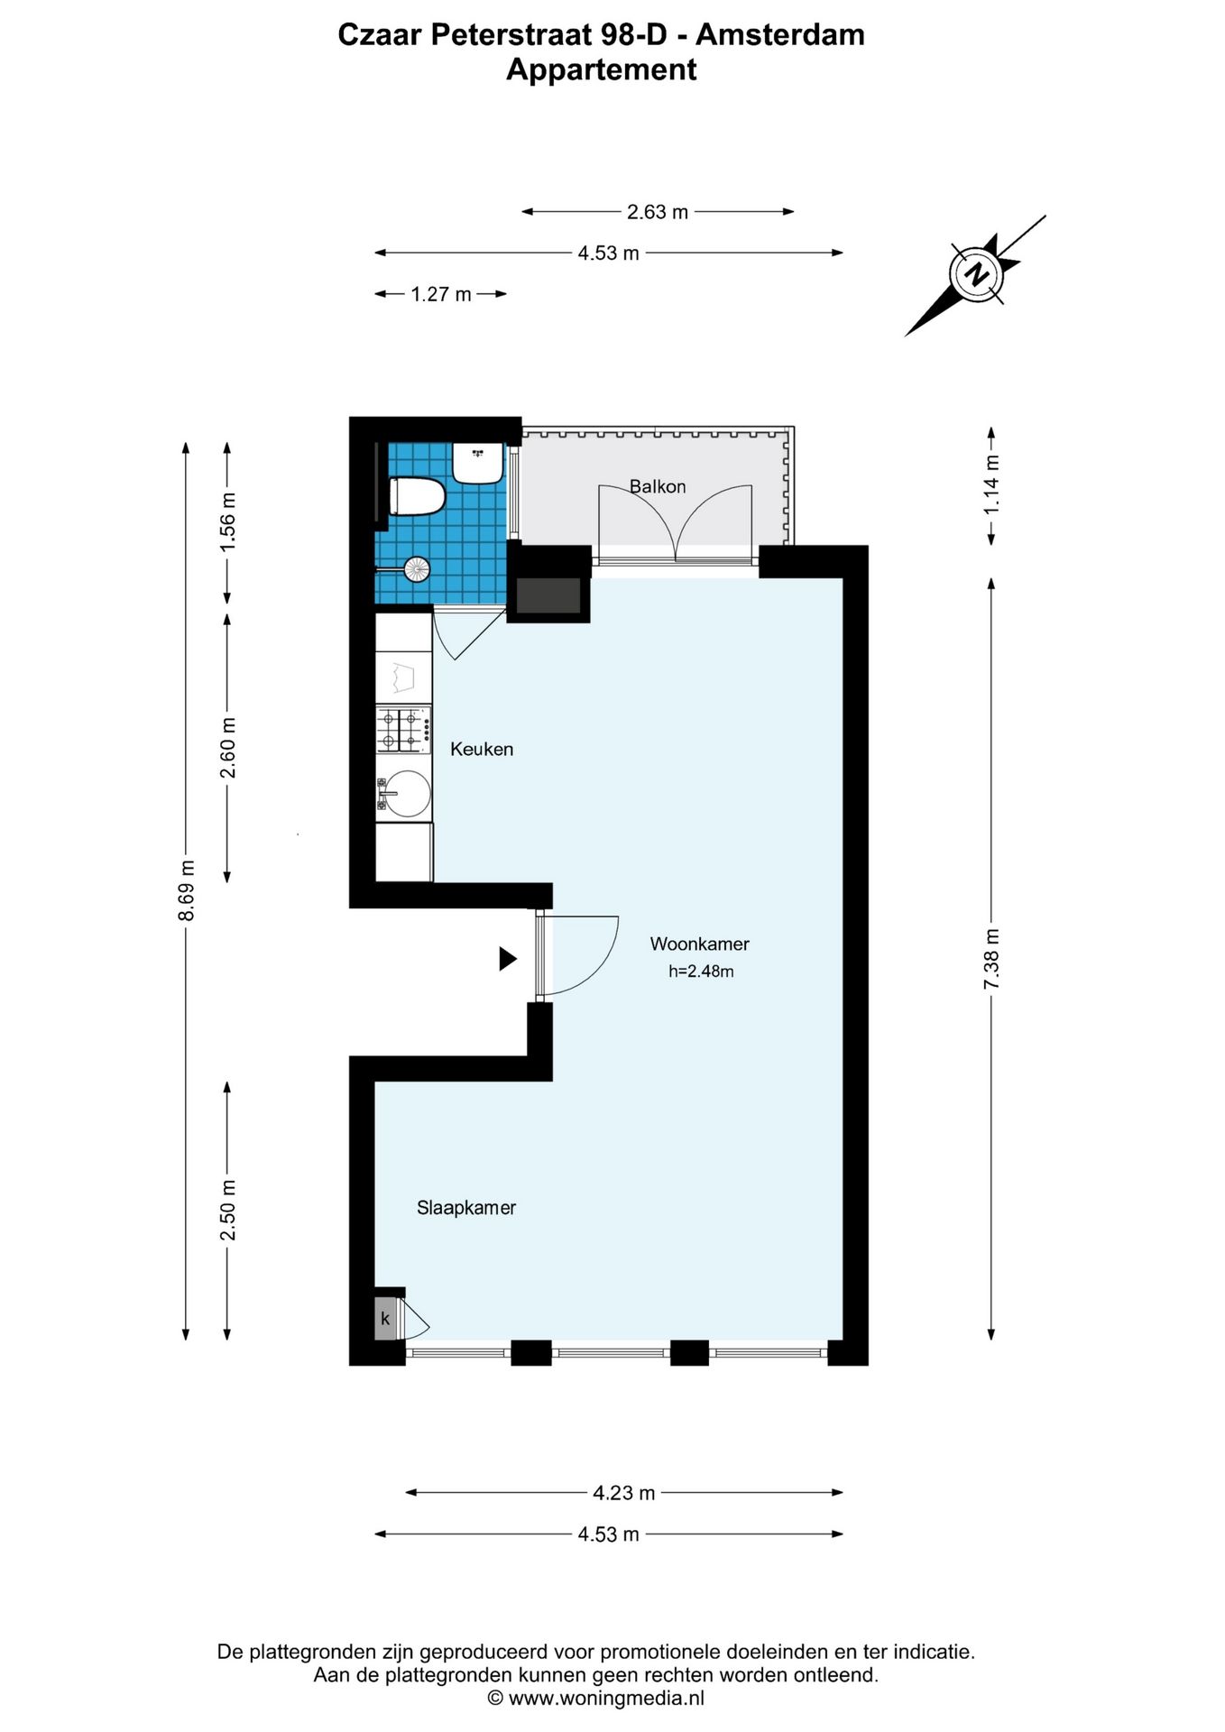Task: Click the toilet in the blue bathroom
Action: pos(417,497)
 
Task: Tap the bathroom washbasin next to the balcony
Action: pos(477,463)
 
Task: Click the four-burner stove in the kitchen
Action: pos(402,731)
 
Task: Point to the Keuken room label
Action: pos(482,750)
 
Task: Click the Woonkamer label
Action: pos(699,944)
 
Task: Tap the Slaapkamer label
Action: pos(465,1208)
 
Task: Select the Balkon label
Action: pos(658,487)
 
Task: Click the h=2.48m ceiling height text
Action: pos(701,972)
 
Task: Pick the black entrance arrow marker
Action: pos(508,959)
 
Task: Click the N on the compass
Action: pos(976,274)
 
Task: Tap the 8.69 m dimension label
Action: pos(187,890)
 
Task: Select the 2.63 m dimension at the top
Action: pos(658,212)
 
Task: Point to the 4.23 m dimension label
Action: pos(623,1493)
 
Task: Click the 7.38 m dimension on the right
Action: pos(991,959)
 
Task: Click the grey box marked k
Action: pos(386,1319)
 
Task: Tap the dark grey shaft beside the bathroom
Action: pos(548,595)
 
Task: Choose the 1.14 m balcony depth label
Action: pos(991,484)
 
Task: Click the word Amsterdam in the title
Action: pos(780,35)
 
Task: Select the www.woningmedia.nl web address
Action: pos(606,1699)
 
